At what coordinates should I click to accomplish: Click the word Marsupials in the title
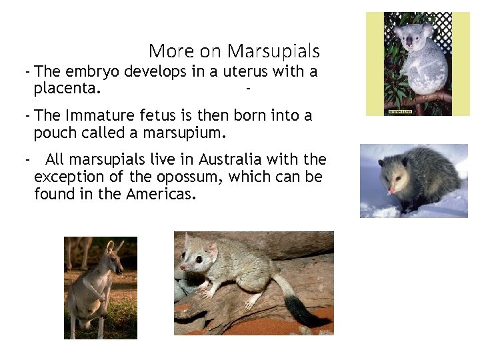[273, 51]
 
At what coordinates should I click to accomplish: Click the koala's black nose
[409, 41]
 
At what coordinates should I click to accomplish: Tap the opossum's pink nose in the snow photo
[391, 191]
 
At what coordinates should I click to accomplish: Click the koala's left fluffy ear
[398, 31]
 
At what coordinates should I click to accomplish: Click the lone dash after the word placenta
[248, 87]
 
